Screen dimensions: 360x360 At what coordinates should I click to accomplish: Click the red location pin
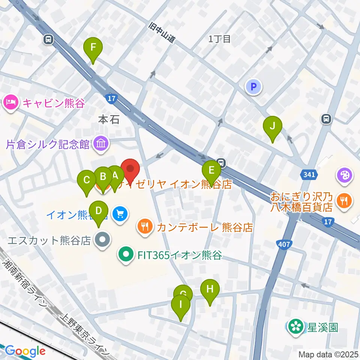click(x=130, y=170)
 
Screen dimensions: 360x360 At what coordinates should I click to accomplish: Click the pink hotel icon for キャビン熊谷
click(x=11, y=102)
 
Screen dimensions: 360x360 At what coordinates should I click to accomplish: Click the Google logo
click(x=25, y=351)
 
